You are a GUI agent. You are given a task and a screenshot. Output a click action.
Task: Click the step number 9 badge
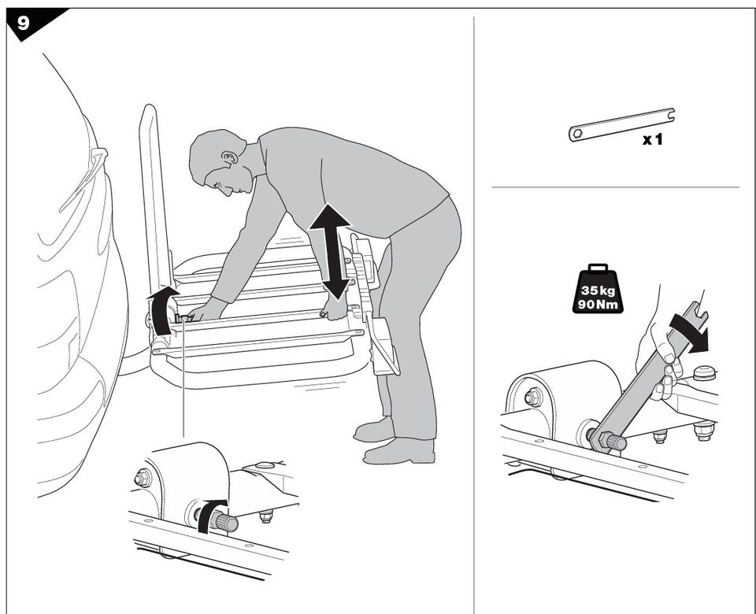tap(24, 22)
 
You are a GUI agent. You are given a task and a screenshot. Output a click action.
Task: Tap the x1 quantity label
tap(653, 140)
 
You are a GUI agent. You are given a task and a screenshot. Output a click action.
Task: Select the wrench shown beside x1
tap(622, 125)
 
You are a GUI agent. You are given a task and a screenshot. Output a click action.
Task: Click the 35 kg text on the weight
tap(598, 290)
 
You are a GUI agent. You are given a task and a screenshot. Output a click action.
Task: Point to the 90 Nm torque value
tap(598, 304)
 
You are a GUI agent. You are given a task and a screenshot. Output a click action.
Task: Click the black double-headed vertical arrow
tap(330, 252)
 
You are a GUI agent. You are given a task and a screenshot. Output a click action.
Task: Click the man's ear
tap(230, 157)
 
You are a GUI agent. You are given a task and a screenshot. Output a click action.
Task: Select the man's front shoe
tap(399, 451)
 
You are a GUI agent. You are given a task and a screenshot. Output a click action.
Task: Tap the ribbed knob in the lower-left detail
tap(227, 523)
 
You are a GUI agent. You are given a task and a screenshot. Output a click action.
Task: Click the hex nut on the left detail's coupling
tap(143, 478)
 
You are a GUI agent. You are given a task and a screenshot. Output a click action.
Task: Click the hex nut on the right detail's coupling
tap(533, 397)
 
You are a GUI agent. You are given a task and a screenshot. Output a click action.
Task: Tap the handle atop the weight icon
tap(598, 268)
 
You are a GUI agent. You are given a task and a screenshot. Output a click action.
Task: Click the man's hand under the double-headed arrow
tap(335, 309)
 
